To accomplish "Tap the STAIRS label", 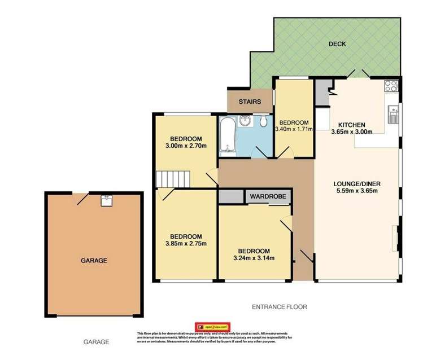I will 250,102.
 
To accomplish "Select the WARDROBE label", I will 268,197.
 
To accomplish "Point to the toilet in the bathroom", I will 264,122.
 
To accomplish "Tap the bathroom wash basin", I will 246,121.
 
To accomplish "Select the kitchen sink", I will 394,115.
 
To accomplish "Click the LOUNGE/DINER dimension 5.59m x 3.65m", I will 354,190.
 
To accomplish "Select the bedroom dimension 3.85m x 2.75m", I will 186,244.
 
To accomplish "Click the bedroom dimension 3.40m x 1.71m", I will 294,129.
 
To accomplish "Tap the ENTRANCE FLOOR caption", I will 279,307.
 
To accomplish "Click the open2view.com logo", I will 213,327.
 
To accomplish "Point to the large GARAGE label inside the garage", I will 94,260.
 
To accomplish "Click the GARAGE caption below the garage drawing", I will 94,342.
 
